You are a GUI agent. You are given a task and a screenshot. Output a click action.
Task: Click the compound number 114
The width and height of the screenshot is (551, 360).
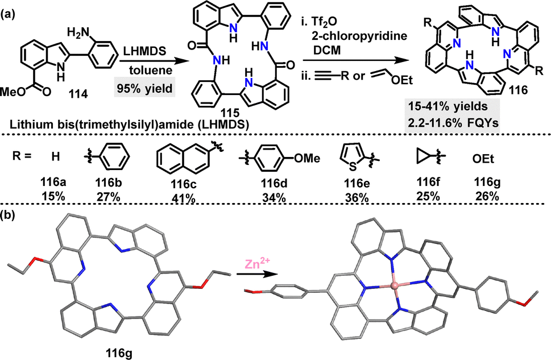point(78,94)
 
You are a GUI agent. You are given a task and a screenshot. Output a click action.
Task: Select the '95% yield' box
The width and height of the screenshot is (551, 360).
point(145,88)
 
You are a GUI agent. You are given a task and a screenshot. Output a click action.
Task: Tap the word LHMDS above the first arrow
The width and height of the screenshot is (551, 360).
point(144,51)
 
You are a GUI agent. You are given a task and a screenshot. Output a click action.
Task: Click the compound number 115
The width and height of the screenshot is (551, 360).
point(230,113)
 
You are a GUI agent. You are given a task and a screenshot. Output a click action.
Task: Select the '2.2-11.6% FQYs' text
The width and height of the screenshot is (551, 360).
point(453,124)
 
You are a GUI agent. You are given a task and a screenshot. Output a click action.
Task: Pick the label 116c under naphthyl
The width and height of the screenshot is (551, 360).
point(183,184)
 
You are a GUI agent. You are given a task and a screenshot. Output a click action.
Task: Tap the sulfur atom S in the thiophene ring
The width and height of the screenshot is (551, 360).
point(353,166)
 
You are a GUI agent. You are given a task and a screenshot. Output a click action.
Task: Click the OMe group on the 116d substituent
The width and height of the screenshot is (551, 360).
point(307,158)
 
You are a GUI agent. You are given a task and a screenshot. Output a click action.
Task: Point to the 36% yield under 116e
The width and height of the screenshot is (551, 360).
point(357,198)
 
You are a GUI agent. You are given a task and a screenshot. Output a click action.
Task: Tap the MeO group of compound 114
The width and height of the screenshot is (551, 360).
point(13,92)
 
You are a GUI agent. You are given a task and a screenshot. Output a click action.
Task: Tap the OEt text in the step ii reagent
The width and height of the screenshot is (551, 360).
point(401,81)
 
